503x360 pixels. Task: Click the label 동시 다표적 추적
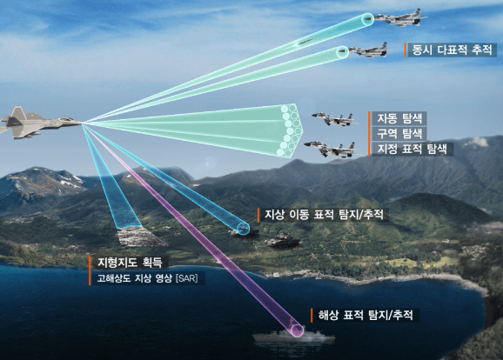452,50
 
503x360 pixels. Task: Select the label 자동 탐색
399,118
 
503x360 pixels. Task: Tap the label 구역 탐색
399,133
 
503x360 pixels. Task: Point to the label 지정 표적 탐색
412,149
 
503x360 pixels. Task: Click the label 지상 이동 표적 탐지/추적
324,215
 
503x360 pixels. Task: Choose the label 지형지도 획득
130,263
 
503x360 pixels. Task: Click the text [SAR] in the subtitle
187,278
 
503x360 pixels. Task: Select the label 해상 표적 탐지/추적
366,315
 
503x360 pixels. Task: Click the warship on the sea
293,337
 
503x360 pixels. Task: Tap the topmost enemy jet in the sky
400,18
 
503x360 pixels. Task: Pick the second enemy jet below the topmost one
370,50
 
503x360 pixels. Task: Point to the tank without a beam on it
282,241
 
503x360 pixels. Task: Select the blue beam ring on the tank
243,228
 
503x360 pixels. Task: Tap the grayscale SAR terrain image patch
140,236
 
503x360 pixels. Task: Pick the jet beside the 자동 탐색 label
334,118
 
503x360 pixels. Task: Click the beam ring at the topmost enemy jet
367,19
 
